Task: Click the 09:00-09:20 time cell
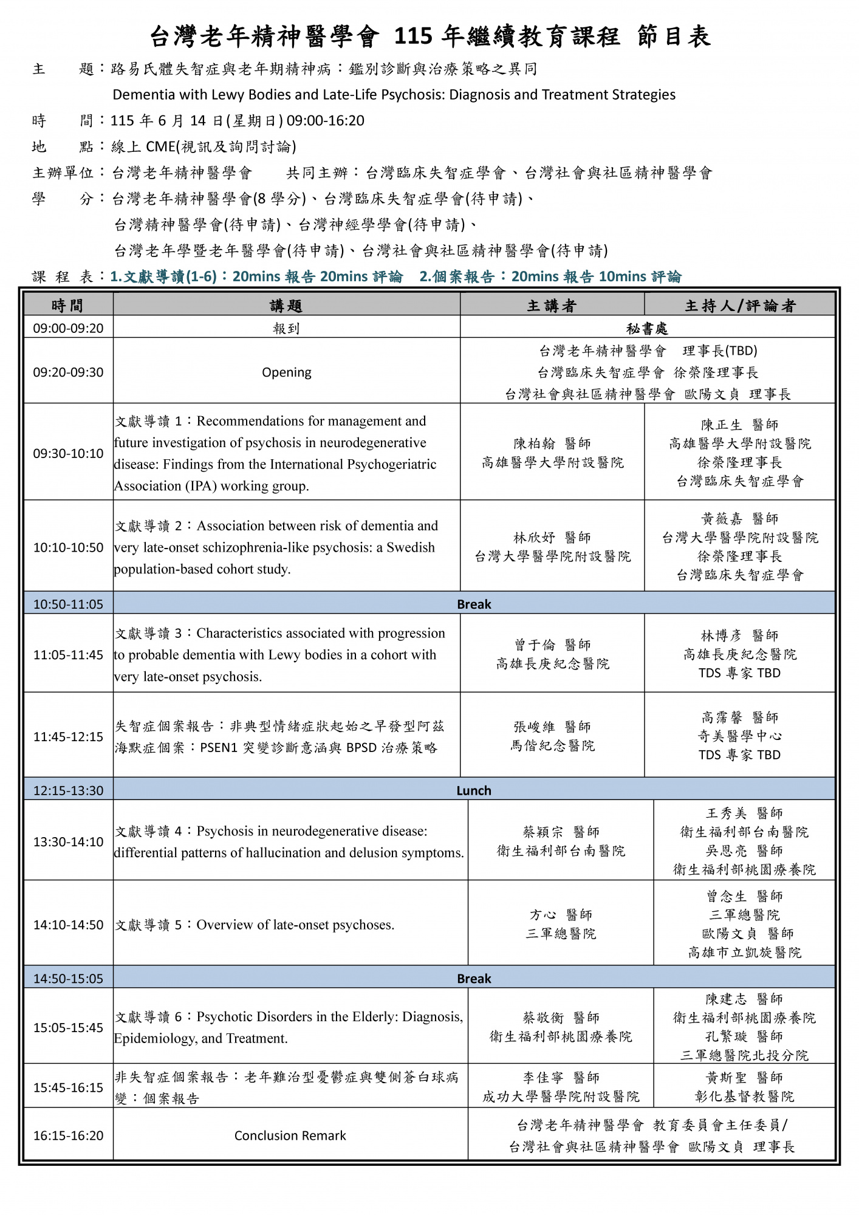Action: (x=68, y=328)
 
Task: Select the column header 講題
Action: (x=286, y=306)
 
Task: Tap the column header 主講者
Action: (x=552, y=306)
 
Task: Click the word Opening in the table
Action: (x=286, y=372)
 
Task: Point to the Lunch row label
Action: (x=474, y=790)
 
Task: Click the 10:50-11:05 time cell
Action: (x=68, y=604)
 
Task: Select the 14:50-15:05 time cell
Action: (x=68, y=979)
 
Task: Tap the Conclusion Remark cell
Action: (x=290, y=1135)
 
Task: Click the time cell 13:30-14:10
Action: (x=68, y=842)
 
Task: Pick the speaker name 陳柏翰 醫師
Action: (x=552, y=443)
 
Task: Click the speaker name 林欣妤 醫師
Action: (x=552, y=538)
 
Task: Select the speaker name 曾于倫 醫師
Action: (x=552, y=645)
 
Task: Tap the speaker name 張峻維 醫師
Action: (x=552, y=727)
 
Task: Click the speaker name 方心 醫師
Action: (x=561, y=915)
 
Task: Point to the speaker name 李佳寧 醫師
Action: (x=561, y=1078)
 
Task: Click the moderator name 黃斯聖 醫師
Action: (x=744, y=1078)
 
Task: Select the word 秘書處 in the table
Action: (x=647, y=329)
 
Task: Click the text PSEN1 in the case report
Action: (x=219, y=748)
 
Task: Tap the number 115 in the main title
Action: (x=413, y=37)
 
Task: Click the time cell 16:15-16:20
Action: (x=68, y=1135)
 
